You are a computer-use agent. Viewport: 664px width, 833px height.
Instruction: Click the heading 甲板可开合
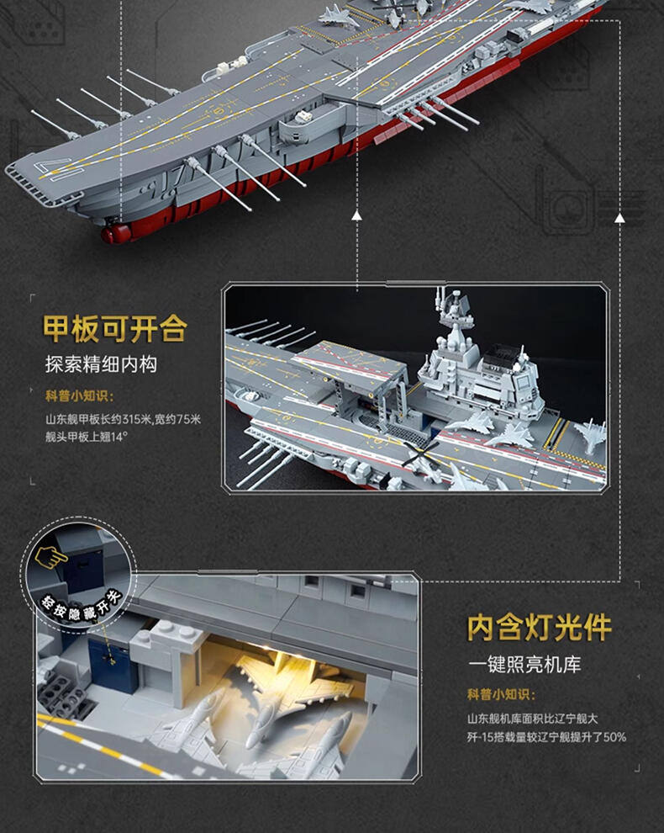click(x=114, y=329)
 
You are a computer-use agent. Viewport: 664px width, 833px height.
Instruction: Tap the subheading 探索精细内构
click(x=101, y=364)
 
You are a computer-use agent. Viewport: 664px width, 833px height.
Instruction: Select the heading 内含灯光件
click(x=540, y=629)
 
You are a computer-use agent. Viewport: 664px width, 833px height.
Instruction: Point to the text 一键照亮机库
click(x=524, y=664)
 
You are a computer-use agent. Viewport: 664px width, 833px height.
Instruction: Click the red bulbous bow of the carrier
click(x=116, y=233)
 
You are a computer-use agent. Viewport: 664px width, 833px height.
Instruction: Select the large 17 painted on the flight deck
click(x=54, y=168)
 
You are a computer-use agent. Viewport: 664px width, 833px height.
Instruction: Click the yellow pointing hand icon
click(x=51, y=557)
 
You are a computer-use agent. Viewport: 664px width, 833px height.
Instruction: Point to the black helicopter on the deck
click(x=422, y=454)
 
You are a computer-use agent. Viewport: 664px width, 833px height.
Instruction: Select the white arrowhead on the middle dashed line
click(x=356, y=215)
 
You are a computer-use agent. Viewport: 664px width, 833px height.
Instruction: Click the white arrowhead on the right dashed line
click(x=619, y=217)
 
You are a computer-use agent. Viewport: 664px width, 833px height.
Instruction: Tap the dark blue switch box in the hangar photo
click(x=113, y=665)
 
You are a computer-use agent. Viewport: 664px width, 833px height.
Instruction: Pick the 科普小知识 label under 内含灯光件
click(x=501, y=694)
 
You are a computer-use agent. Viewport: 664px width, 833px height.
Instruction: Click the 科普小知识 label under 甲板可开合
click(x=79, y=395)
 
